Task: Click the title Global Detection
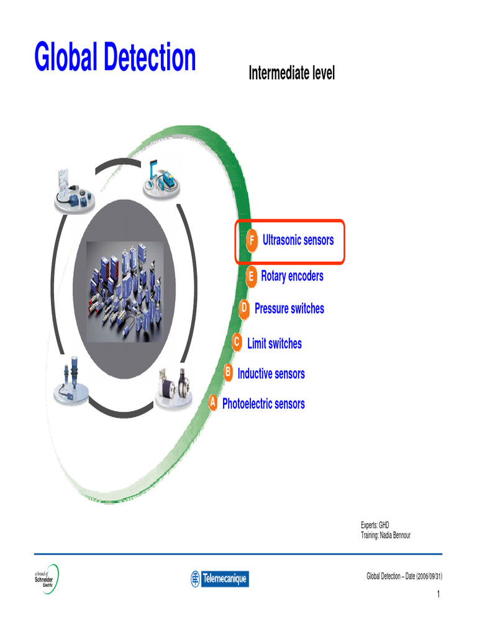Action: coord(116,58)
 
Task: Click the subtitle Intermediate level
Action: coord(291,73)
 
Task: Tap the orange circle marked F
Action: coord(251,240)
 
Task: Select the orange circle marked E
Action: coord(250,276)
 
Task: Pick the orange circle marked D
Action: coord(244,308)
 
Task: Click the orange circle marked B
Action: coord(228,373)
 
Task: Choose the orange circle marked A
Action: coord(212,403)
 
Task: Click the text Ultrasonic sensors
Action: coord(298,240)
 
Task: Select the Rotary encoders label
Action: coord(292,276)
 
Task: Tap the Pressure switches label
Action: coord(289,309)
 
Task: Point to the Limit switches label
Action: coord(275,343)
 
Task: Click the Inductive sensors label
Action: coord(271,374)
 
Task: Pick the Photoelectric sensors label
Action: coord(263,404)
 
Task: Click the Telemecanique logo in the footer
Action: coord(219,579)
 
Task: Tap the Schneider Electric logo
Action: coord(46,579)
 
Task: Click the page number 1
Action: coord(438,595)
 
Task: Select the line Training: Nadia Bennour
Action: coord(386,535)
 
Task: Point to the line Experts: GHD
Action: coord(375,525)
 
